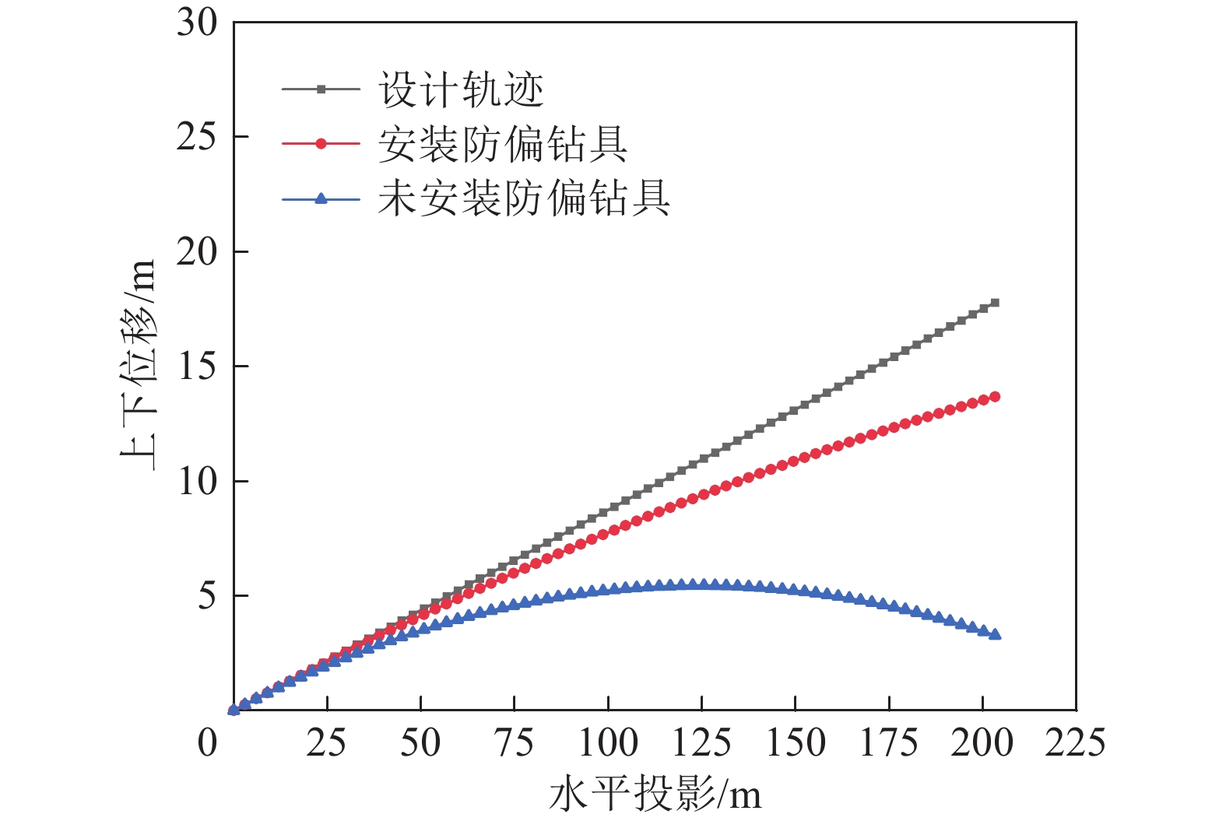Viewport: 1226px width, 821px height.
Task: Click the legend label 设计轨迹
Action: (461, 89)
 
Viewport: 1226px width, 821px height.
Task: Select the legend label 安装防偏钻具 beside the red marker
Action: (503, 144)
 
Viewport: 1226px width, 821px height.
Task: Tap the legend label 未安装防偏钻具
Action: (524, 198)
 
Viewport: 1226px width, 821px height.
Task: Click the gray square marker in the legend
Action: (321, 89)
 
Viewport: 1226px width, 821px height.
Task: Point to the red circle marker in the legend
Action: (321, 144)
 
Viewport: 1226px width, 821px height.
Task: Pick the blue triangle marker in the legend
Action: (321, 198)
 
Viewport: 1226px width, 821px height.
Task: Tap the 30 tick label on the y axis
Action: (197, 23)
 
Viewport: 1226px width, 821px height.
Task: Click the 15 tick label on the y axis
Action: (197, 367)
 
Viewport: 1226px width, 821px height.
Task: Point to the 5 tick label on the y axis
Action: (206, 596)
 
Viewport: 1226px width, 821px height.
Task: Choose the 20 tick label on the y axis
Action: (197, 252)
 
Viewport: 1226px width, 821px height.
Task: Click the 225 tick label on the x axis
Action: (1075, 742)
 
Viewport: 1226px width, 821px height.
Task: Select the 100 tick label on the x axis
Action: (608, 742)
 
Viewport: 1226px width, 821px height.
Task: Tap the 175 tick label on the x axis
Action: (888, 742)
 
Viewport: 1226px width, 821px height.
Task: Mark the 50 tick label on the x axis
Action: (420, 742)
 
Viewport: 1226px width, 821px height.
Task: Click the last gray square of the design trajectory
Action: (994, 303)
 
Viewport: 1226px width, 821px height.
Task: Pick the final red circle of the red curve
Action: (994, 397)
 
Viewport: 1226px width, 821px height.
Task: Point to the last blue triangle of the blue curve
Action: (994, 634)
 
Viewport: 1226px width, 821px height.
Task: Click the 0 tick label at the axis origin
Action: (207, 742)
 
